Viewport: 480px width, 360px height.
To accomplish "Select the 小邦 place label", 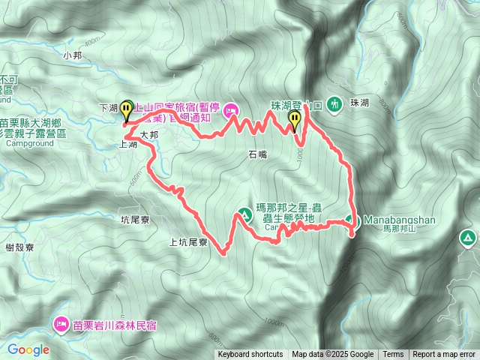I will point(72,55).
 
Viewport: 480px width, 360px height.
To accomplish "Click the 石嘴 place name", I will point(256,154).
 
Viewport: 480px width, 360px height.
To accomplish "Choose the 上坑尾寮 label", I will point(187,242).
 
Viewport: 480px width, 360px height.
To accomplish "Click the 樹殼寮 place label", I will point(20,247).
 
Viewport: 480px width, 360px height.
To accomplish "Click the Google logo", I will point(28,349).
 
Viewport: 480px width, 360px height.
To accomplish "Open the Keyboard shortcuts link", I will point(250,355).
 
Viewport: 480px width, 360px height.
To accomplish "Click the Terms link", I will point(393,355).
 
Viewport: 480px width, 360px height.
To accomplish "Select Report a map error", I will point(444,355).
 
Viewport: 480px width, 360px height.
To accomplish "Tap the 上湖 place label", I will point(128,146).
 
